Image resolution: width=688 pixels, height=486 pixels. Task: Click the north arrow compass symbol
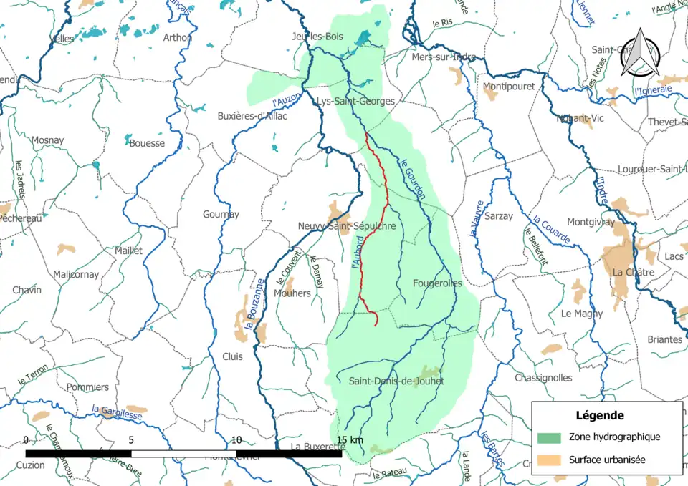click(640, 56)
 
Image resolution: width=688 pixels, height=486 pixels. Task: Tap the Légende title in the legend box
click(599, 415)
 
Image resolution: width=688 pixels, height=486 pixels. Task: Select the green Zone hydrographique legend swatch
click(550, 437)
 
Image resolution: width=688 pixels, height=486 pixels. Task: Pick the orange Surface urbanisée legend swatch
click(550, 460)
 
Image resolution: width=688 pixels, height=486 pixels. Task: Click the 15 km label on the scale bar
click(350, 439)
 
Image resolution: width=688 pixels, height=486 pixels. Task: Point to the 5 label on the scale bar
click(131, 439)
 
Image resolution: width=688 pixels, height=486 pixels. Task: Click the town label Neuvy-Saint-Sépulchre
click(347, 226)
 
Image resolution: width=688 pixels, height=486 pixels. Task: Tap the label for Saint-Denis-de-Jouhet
click(396, 381)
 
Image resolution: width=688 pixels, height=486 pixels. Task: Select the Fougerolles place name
click(437, 283)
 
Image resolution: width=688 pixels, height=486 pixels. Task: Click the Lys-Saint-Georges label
click(356, 102)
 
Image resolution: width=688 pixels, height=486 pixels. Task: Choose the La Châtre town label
click(633, 273)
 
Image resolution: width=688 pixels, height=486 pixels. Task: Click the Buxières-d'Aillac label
click(252, 116)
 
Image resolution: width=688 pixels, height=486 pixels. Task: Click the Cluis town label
click(232, 356)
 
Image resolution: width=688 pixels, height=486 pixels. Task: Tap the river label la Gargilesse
click(117, 412)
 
